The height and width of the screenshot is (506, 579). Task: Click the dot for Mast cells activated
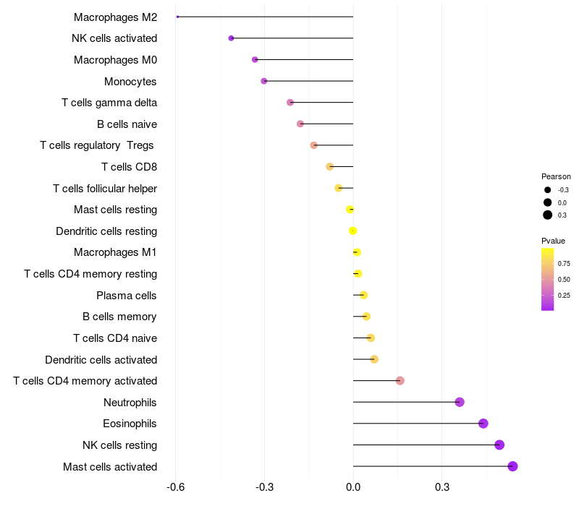[512, 466]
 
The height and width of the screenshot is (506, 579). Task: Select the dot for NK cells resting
[499, 445]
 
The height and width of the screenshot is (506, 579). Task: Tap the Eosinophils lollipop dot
[483, 424]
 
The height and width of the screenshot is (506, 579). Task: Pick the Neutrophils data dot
[460, 402]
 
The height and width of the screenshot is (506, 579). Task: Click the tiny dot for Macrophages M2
[177, 17]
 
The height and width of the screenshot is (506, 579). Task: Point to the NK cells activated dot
[231, 38]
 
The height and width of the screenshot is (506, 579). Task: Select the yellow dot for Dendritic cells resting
[352, 231]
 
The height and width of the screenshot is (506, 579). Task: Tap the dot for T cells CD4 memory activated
[400, 381]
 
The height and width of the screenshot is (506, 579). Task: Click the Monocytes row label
[130, 82]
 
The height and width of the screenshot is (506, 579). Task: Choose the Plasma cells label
[127, 296]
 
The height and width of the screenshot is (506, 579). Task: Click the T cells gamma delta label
[109, 103]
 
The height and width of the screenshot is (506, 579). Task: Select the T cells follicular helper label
[105, 189]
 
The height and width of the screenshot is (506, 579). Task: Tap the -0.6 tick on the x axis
[175, 488]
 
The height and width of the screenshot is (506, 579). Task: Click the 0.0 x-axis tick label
[353, 488]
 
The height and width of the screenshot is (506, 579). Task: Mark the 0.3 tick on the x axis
[442, 488]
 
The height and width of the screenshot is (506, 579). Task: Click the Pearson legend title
[556, 176]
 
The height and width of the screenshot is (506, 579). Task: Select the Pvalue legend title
[554, 241]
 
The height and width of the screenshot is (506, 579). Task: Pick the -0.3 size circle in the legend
[548, 190]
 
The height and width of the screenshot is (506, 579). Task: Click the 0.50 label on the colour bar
[564, 279]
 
